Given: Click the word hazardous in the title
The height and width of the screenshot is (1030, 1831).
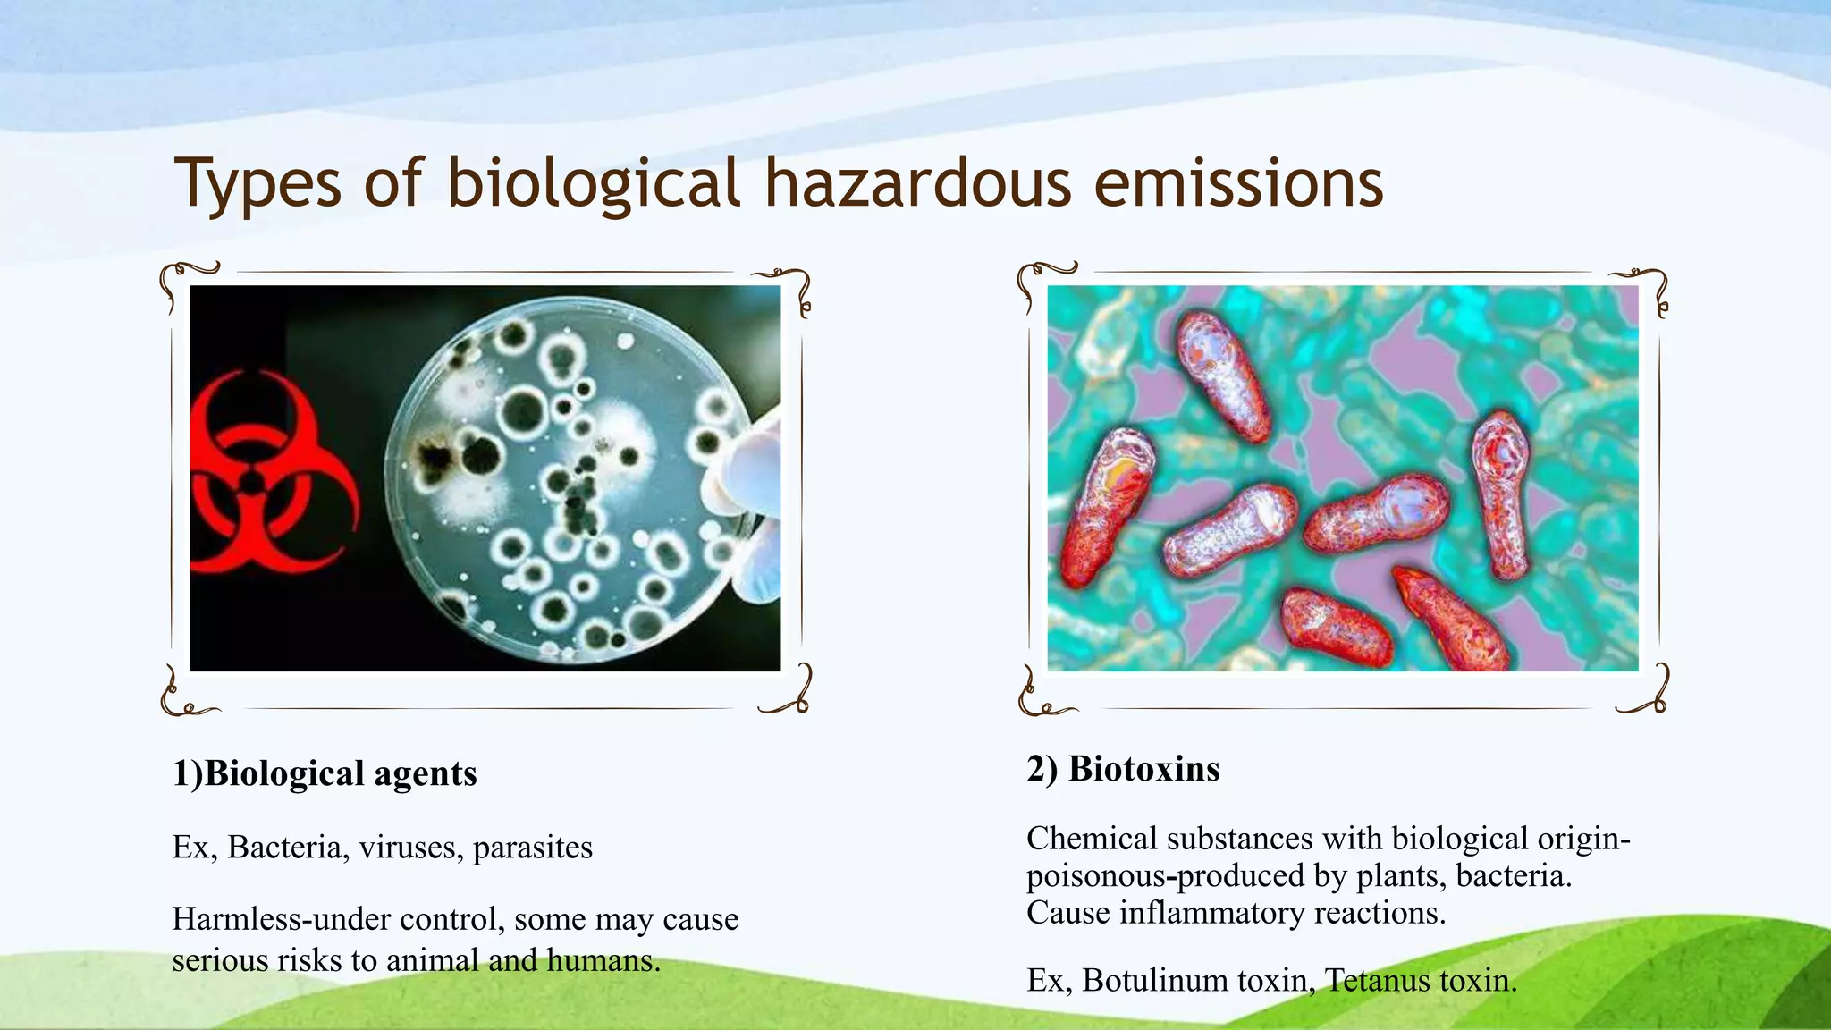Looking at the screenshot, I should pos(917,183).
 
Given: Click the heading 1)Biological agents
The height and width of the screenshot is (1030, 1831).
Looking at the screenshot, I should pos(325,773).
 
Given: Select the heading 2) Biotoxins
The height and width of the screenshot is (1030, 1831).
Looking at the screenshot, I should pos(1123,769).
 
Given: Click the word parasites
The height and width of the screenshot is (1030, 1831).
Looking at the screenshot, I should pos(532,848).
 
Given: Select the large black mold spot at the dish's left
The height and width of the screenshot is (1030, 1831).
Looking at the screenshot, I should pos(435,458).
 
